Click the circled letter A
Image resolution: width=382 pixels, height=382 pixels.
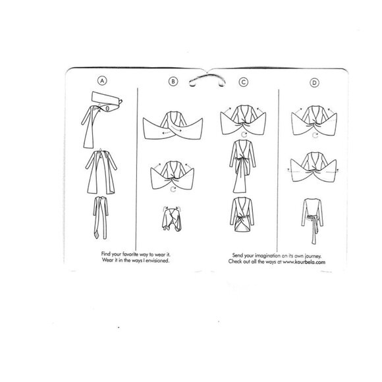102,80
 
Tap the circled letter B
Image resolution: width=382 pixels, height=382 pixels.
173,82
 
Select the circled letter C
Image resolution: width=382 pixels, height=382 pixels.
244,82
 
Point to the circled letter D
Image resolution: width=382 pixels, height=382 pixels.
314,83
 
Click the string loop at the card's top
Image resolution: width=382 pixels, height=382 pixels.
207,76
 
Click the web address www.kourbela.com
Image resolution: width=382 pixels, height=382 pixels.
304,262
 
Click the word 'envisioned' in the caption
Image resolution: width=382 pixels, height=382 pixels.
157,260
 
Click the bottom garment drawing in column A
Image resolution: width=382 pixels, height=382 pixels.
100,217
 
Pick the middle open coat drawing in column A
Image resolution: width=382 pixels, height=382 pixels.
101,172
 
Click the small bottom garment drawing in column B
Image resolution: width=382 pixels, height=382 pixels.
172,219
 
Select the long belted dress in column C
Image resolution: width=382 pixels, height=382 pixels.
242,166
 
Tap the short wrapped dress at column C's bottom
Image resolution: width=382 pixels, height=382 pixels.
242,214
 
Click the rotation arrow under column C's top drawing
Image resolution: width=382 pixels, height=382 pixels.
244,134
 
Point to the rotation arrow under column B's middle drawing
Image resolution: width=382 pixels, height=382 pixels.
173,189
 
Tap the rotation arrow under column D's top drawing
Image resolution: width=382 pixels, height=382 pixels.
315,135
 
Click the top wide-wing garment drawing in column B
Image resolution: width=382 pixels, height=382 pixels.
173,126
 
